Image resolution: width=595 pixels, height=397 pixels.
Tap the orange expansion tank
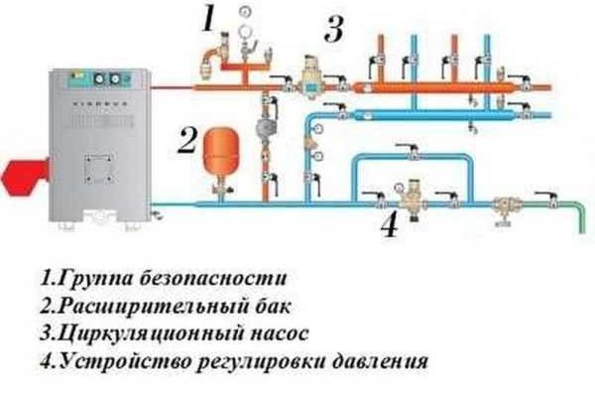point(221,150)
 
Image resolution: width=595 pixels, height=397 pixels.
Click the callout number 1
point(208,19)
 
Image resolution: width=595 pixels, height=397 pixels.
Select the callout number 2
point(187,141)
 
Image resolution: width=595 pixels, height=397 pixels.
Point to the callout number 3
point(334,29)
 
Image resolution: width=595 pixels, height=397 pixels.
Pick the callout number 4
point(390,224)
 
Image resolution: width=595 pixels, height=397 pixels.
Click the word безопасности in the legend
point(213,278)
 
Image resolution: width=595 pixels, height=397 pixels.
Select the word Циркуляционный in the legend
point(151,333)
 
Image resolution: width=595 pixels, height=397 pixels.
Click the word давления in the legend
point(380,361)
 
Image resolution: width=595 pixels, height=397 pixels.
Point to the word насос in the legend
point(280,333)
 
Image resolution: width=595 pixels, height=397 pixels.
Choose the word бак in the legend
point(272,305)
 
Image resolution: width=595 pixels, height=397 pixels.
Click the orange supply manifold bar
point(433,87)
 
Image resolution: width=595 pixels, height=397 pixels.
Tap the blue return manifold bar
point(433,114)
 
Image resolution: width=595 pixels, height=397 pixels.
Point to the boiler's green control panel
point(100,79)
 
